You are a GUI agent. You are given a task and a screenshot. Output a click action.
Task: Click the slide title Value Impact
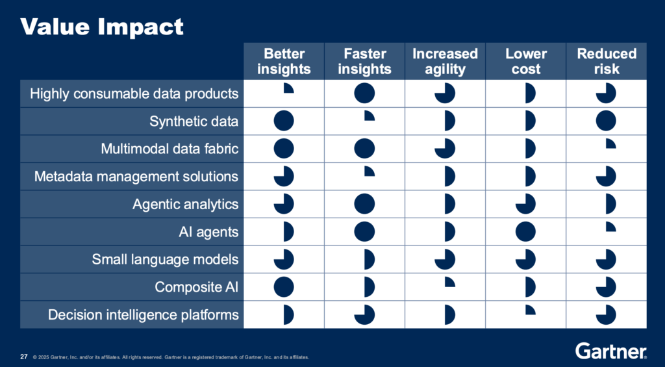[102, 27]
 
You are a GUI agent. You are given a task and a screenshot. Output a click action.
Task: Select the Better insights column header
[284, 61]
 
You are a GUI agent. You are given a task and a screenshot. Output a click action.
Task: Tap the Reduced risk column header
[607, 61]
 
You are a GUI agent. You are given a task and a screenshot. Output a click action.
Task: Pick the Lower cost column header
[526, 61]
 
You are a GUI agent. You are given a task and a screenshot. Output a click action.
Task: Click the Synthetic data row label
[194, 121]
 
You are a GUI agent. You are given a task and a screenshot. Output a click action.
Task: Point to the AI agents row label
[208, 232]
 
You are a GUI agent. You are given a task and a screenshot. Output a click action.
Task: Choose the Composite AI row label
[197, 287]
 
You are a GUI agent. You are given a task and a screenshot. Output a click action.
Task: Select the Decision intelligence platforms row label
[144, 315]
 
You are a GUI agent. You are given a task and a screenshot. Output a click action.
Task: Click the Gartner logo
[611, 351]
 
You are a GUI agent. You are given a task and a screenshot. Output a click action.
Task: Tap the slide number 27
[24, 357]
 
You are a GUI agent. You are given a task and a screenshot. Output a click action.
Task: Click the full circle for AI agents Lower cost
[526, 232]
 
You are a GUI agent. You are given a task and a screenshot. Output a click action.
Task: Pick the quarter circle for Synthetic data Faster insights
[370, 116]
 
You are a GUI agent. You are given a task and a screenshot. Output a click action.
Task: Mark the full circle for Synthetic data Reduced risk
[606, 121]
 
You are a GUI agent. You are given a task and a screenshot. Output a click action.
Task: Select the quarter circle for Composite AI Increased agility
[450, 282]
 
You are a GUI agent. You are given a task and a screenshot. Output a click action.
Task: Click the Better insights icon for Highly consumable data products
[288, 88]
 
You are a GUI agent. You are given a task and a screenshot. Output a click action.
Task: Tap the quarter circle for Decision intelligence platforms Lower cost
[531, 310]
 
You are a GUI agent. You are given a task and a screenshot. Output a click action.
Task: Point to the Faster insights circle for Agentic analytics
[364, 204]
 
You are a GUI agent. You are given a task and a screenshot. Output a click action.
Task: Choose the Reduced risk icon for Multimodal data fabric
[611, 144]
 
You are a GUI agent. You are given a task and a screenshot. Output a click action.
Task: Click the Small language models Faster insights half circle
[370, 259]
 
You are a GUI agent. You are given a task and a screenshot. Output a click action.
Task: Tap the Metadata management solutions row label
[136, 177]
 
